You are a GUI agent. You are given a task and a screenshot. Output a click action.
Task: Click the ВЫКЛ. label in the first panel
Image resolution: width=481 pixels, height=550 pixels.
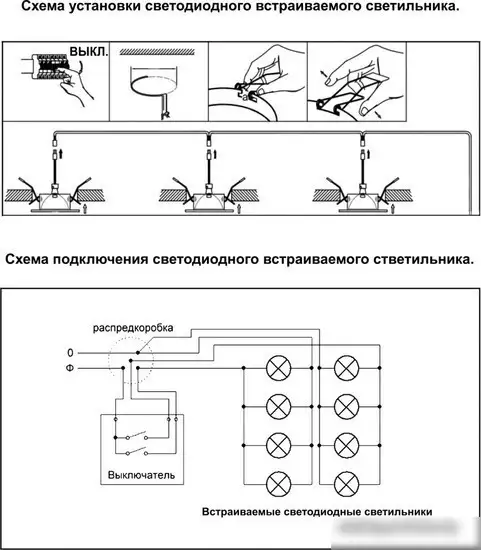pyautogui.click(x=88, y=50)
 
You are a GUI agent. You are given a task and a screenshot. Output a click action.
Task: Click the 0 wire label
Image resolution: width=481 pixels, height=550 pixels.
pyautogui.click(x=69, y=353)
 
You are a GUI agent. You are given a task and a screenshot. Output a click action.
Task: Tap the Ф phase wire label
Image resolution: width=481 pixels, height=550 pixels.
pyautogui.click(x=69, y=369)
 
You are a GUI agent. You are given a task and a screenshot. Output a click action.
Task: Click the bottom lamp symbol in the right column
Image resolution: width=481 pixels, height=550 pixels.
pyautogui.click(x=347, y=482)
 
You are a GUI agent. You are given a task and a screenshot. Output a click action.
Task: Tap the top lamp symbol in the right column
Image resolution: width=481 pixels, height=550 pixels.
pyautogui.click(x=347, y=368)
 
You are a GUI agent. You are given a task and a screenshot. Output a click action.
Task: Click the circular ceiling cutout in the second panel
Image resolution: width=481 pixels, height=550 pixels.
pyautogui.click(x=155, y=80)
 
